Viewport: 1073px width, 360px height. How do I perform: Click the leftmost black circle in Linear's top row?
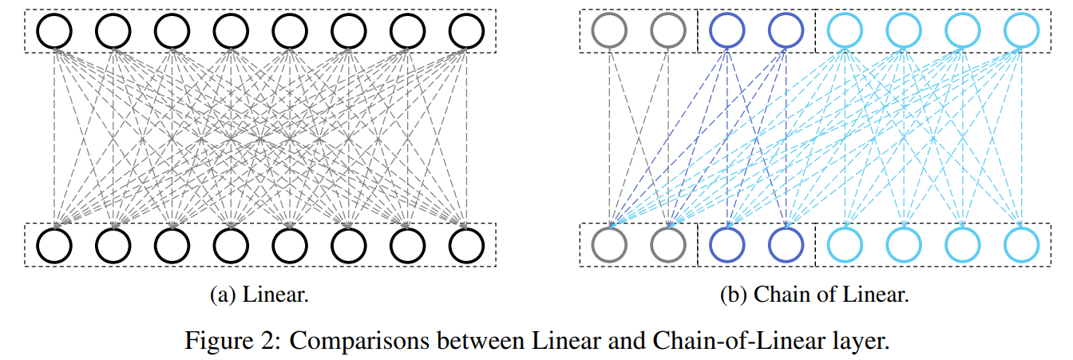coord(54,31)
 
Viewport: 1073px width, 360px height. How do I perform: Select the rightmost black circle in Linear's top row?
coord(467,31)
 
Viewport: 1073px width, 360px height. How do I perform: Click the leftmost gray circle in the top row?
coord(609,31)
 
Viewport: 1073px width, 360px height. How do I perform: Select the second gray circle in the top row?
coord(668,31)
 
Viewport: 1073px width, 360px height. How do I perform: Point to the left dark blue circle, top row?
coord(727,31)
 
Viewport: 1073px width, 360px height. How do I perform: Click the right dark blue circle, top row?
coord(786,31)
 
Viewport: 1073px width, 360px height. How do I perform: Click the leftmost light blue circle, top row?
coord(845,31)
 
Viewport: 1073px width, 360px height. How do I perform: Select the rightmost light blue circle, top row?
coord(1021,31)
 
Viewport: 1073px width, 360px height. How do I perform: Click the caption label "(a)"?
coord(222,295)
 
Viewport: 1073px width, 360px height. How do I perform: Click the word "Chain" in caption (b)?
coord(774,295)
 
